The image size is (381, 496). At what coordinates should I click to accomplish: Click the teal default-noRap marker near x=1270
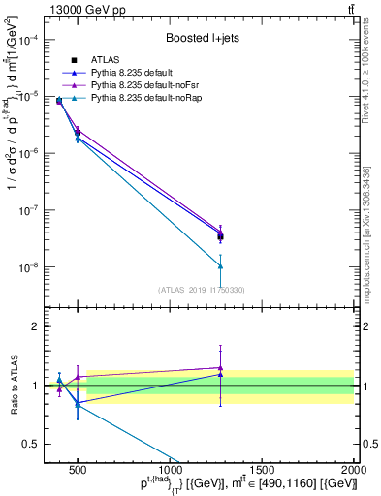(221, 265)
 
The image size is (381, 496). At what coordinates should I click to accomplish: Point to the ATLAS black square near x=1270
(221, 235)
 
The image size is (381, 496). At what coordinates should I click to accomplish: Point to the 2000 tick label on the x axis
(354, 468)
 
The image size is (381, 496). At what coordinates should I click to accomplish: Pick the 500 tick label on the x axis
(79, 468)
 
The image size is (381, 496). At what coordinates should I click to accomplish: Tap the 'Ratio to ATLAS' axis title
(12, 386)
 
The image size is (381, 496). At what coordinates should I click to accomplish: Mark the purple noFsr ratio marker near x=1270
(221, 368)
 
